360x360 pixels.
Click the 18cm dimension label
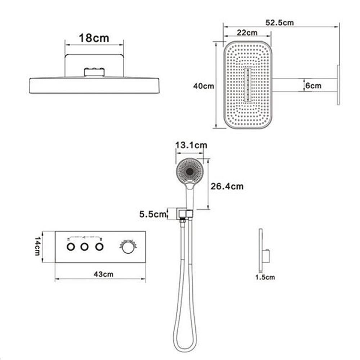(94, 38)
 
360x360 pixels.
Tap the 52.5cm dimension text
(279, 22)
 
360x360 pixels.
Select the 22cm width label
(247, 33)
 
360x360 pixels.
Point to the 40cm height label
(203, 86)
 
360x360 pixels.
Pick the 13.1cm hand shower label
(191, 145)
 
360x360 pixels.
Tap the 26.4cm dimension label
(227, 186)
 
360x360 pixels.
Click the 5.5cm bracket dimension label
(153, 214)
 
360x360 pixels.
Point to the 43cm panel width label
(104, 274)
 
